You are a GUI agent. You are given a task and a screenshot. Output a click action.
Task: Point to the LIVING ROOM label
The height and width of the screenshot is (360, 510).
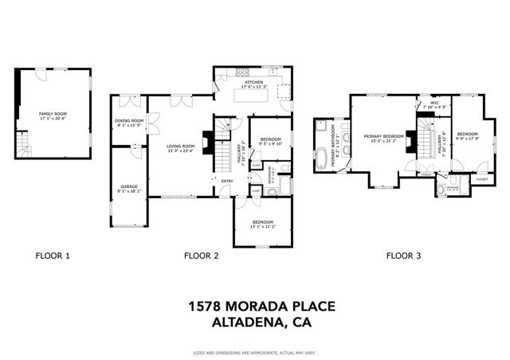(180, 148)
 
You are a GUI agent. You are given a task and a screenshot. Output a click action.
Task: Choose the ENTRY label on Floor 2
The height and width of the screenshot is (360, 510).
(227, 181)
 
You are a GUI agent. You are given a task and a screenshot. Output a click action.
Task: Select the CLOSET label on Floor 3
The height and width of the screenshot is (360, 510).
(481, 180)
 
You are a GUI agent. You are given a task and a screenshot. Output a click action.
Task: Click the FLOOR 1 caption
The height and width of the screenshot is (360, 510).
(53, 256)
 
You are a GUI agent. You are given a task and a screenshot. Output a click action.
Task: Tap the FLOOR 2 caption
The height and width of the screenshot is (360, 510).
(202, 256)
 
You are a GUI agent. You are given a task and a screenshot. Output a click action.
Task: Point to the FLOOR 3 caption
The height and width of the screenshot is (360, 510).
(404, 256)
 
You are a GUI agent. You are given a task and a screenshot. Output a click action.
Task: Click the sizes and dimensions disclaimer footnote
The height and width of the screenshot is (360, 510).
(254, 351)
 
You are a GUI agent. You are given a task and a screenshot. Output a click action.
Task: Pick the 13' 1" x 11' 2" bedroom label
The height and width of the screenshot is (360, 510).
(262, 224)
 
